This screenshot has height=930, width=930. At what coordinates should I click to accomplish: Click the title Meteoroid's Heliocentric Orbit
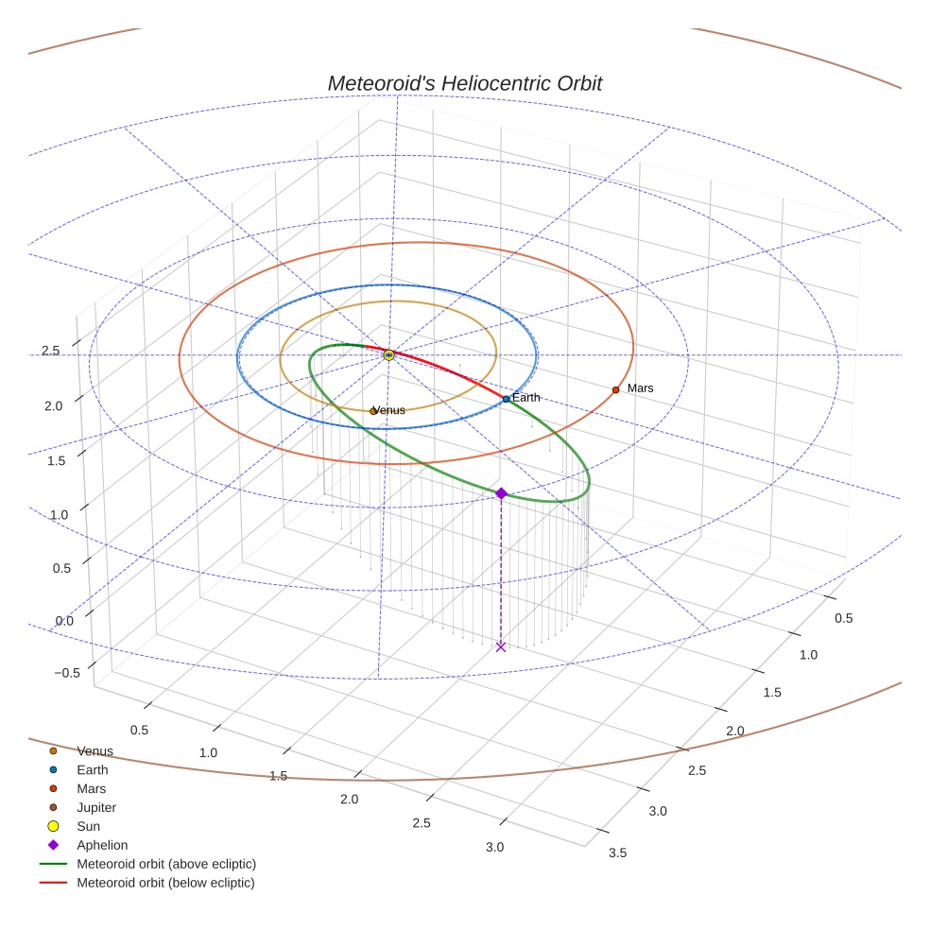(464, 83)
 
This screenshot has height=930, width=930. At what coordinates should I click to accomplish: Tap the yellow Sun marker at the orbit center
(388, 354)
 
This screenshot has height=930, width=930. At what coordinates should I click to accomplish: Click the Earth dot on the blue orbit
(506, 399)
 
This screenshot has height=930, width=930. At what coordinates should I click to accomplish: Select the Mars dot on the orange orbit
(615, 389)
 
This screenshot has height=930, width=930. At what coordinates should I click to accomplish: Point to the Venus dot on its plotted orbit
(372, 411)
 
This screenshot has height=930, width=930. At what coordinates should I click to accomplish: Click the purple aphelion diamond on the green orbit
(501, 493)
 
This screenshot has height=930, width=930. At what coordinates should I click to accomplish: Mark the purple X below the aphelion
(501, 646)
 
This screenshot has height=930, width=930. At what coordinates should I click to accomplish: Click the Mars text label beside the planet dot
(640, 388)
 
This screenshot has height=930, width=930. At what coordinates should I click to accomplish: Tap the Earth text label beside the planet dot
(526, 398)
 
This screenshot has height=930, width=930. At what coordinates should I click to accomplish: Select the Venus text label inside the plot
(390, 411)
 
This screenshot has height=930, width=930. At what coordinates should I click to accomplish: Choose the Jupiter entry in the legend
(96, 808)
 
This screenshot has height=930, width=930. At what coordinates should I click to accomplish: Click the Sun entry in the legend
(88, 827)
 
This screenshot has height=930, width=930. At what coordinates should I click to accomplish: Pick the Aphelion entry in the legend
(101, 846)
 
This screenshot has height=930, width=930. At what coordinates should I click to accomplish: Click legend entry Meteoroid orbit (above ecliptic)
(166, 865)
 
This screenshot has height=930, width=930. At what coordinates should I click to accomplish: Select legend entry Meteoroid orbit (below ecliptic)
(165, 884)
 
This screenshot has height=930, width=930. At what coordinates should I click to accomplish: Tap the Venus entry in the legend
(95, 751)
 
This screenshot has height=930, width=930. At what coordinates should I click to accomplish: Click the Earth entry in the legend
(92, 770)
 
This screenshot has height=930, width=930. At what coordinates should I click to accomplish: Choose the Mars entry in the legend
(91, 789)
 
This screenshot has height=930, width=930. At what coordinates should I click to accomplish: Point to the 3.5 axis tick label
(617, 853)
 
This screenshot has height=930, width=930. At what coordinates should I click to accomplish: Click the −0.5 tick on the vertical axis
(66, 673)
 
